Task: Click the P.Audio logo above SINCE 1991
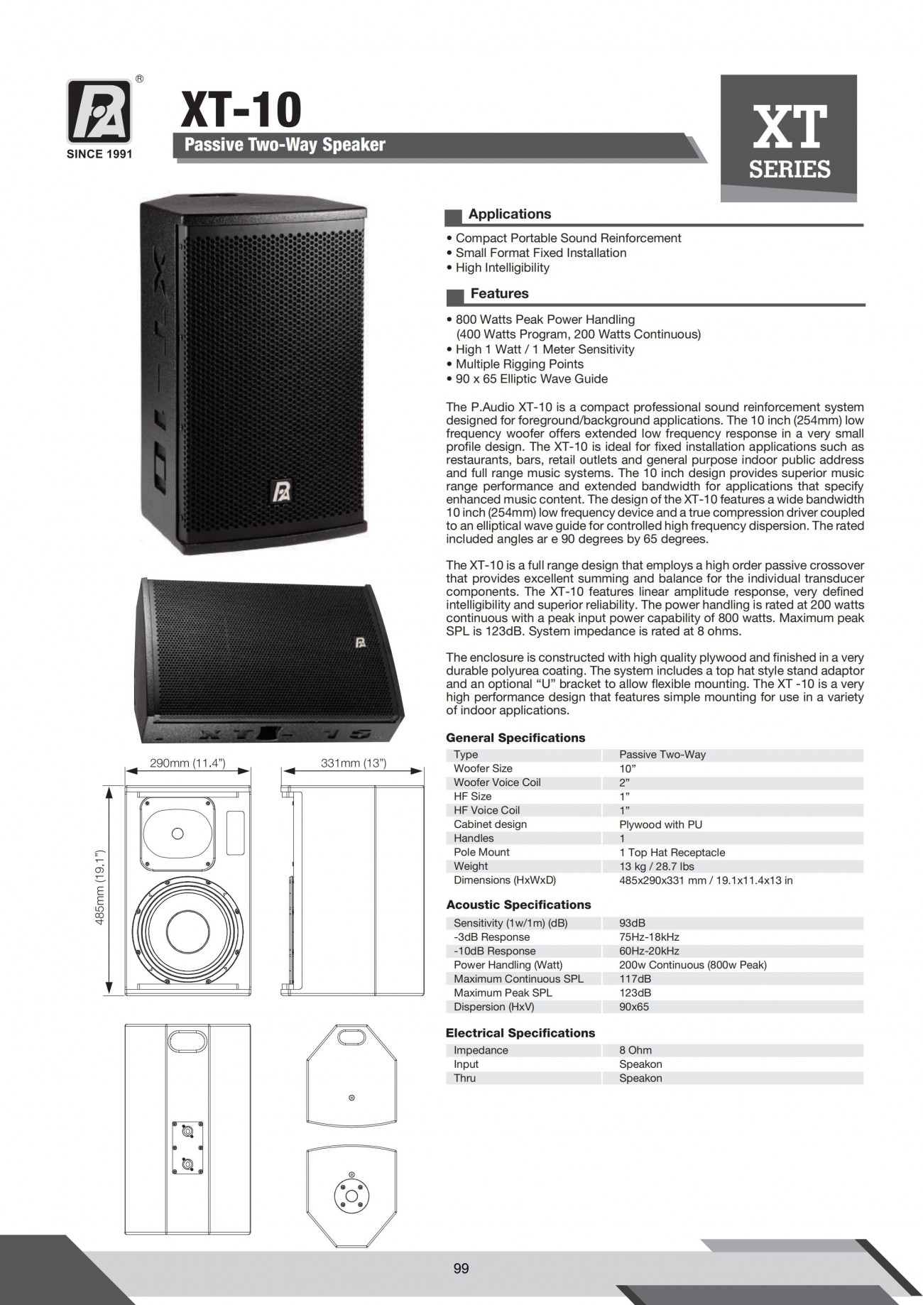pyautogui.click(x=99, y=111)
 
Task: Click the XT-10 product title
pyautogui.click(x=241, y=109)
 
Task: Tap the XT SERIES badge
pyautogui.click(x=789, y=138)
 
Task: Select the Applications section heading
pyautogui.click(x=509, y=214)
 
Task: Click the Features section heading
pyautogui.click(x=499, y=294)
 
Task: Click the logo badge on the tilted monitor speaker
pyautogui.click(x=360, y=642)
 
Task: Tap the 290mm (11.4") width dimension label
pyautogui.click(x=187, y=763)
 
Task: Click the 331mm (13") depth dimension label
pyautogui.click(x=353, y=763)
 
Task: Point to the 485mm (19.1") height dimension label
pyautogui.click(x=100, y=888)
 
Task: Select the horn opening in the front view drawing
pyautogui.click(x=177, y=833)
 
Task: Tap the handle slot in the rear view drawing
pyautogui.click(x=187, y=1041)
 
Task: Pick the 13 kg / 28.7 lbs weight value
pyautogui.click(x=657, y=866)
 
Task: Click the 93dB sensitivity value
pyautogui.click(x=632, y=923)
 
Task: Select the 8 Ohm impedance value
pyautogui.click(x=635, y=1050)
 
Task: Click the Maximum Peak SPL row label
pyautogui.click(x=503, y=993)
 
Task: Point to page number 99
pyautogui.click(x=461, y=1268)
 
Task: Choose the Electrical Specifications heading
pyautogui.click(x=520, y=1033)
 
